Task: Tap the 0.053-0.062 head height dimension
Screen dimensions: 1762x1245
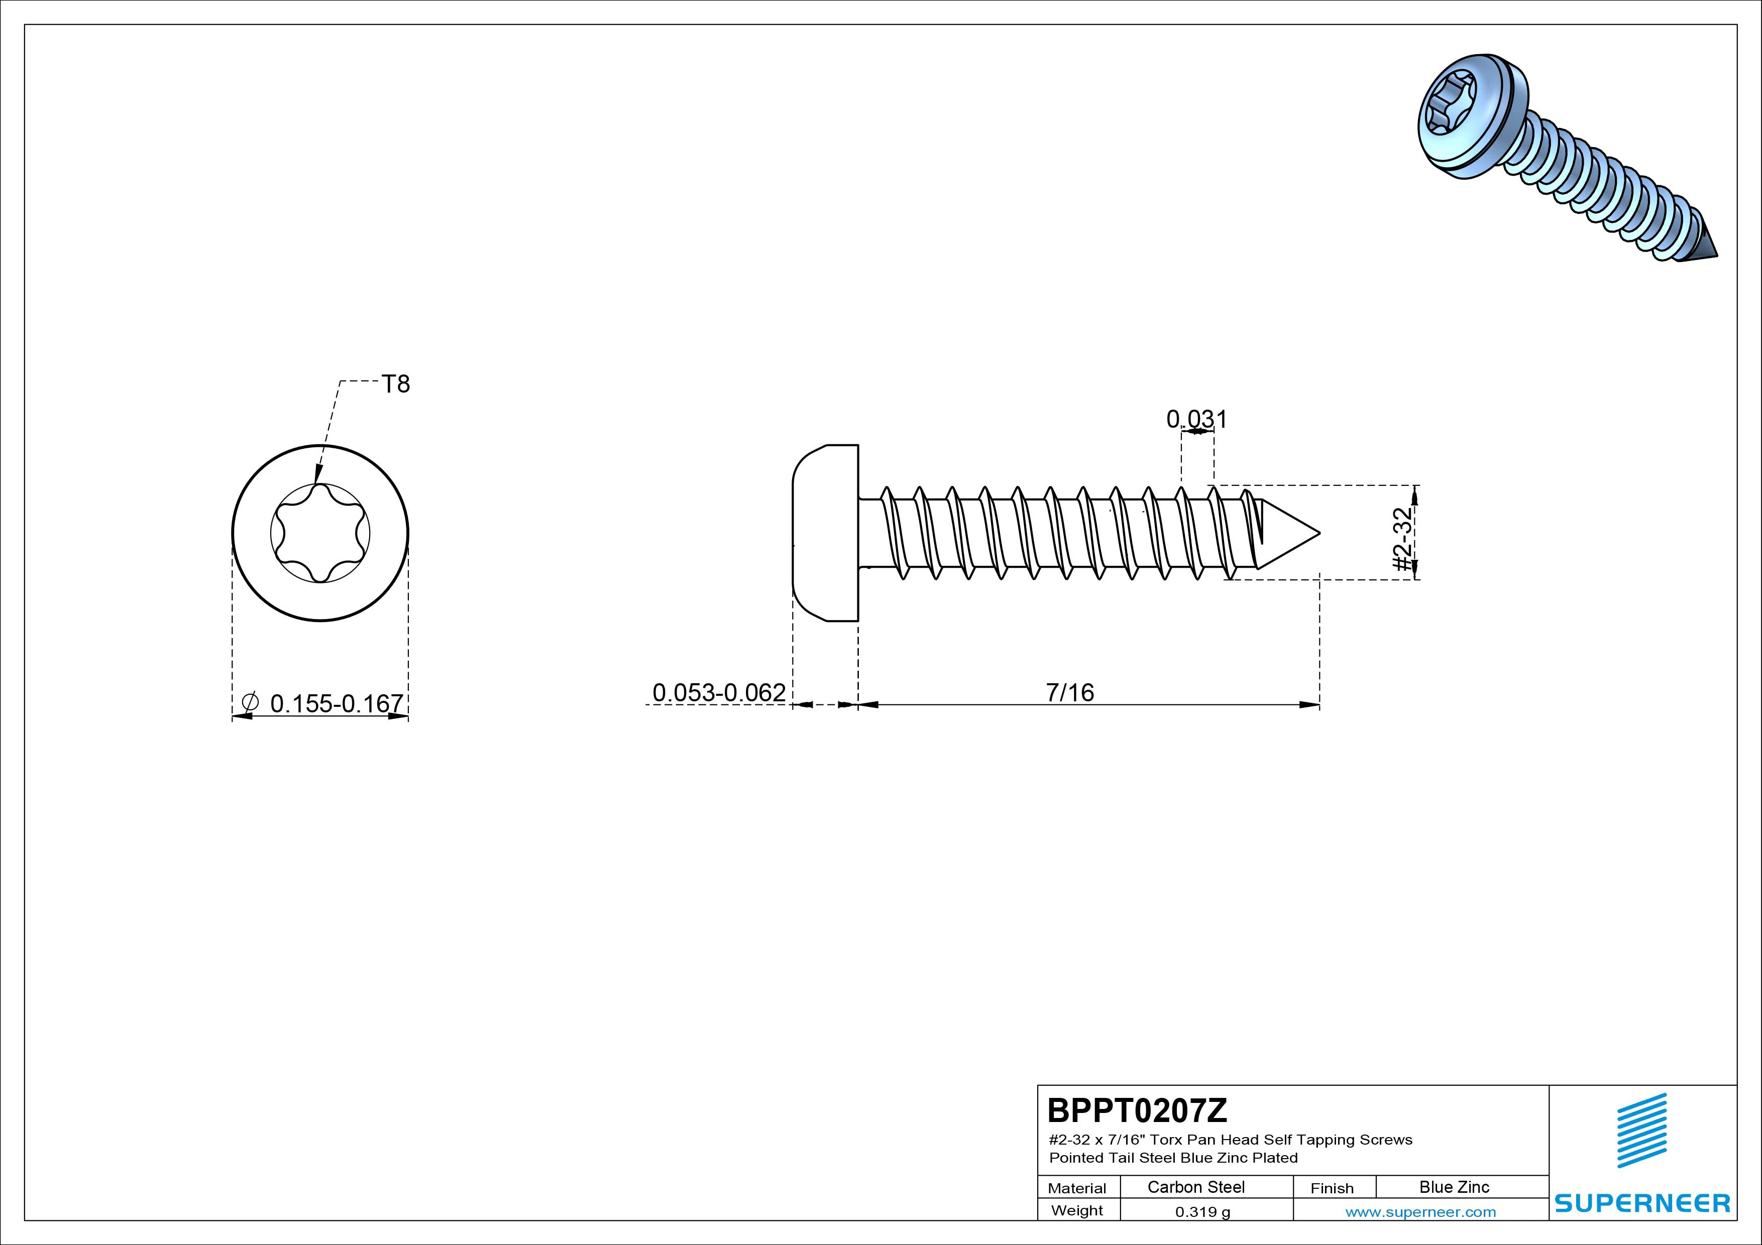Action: pos(719,693)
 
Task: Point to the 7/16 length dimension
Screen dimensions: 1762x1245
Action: pos(1070,693)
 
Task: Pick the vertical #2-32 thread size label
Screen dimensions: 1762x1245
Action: pos(1402,539)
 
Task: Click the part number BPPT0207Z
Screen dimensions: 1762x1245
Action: pos(1137,1110)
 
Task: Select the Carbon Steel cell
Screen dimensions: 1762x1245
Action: pos(1195,1187)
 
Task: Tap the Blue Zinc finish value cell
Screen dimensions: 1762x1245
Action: pos(1454,1187)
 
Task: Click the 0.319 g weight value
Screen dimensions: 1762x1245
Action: pos(1202,1212)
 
